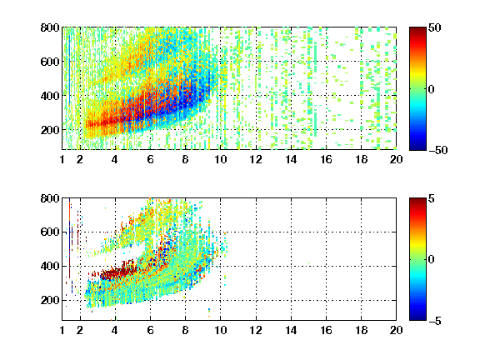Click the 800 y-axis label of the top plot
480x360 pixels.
pyautogui.click(x=50, y=27)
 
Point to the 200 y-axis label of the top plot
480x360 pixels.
pyautogui.click(x=50, y=130)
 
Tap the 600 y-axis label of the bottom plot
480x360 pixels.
pyautogui.click(x=50, y=232)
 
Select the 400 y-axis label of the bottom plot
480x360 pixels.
pyautogui.click(x=50, y=266)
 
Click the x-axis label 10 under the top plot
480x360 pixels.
pyautogui.click(x=220, y=159)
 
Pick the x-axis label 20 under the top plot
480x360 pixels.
pyautogui.click(x=396, y=159)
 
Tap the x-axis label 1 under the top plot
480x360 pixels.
pyautogui.click(x=62, y=159)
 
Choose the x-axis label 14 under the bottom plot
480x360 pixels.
pyautogui.click(x=291, y=330)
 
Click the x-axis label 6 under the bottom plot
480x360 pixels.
pyautogui.click(x=150, y=330)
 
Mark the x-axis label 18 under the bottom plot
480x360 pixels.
pyautogui.click(x=361, y=330)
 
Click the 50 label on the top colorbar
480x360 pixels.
pyautogui.click(x=434, y=27)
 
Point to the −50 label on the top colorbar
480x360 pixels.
pyautogui.click(x=438, y=150)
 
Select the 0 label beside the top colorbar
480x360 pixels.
pyautogui.click(x=432, y=89)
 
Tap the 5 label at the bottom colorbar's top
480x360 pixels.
pyautogui.click(x=432, y=198)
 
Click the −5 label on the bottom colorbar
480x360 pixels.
pyautogui.click(x=435, y=321)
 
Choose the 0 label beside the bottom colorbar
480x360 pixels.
pyautogui.click(x=432, y=260)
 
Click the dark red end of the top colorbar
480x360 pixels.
pyautogui.click(x=417, y=31)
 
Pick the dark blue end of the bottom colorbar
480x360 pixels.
pyautogui.click(x=417, y=317)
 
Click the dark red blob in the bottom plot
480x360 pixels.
pyautogui.click(x=117, y=273)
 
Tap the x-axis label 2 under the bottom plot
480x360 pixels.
pyautogui.click(x=80, y=330)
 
